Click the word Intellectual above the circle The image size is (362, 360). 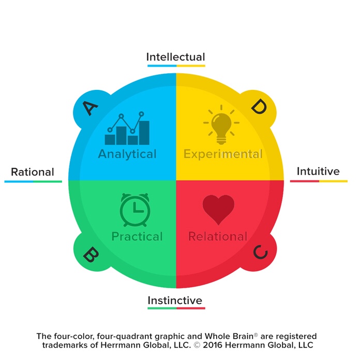175,57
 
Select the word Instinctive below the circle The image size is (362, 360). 175,300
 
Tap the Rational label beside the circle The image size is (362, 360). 33,172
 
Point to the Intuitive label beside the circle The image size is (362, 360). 318,171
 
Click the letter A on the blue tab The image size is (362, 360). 90,108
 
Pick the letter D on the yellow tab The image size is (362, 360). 258,107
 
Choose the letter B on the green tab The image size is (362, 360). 91,254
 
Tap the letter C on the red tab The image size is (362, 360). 260,253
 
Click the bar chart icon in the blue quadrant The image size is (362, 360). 127,129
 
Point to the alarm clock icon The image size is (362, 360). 135,209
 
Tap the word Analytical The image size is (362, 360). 127,154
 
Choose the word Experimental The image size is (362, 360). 223,154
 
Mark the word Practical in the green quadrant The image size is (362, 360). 137,237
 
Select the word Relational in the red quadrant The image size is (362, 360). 218,237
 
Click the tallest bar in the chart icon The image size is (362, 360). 144,133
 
